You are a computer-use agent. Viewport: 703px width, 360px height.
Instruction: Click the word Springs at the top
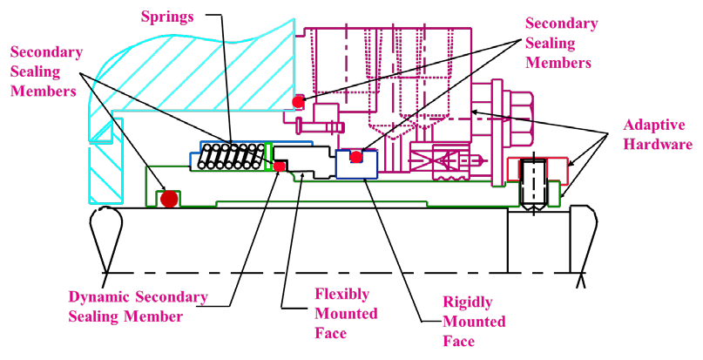click(x=167, y=17)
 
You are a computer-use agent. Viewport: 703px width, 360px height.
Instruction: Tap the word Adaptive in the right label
click(x=653, y=126)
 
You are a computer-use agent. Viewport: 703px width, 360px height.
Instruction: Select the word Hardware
click(x=658, y=145)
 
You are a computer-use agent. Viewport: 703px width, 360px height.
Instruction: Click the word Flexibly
click(x=341, y=294)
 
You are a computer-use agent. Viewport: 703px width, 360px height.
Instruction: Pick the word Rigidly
click(x=468, y=302)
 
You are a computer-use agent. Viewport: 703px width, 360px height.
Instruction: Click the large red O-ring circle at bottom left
click(x=169, y=199)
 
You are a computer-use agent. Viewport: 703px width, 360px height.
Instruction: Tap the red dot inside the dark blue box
click(x=356, y=157)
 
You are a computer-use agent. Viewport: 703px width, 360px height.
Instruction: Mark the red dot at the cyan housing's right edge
click(x=298, y=101)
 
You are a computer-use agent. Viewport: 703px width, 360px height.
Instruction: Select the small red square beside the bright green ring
click(x=279, y=166)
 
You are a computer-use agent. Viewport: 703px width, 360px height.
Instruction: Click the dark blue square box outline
click(x=356, y=164)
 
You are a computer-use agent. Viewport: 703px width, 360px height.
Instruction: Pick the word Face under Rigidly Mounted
click(x=459, y=341)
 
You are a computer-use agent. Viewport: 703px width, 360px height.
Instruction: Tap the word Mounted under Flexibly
click(x=346, y=314)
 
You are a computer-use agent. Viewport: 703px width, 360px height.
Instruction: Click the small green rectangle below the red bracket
click(x=554, y=194)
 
